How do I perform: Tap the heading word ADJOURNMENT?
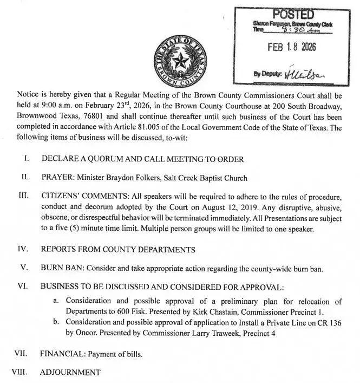click(x=70, y=372)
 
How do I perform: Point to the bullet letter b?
click(x=56, y=322)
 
